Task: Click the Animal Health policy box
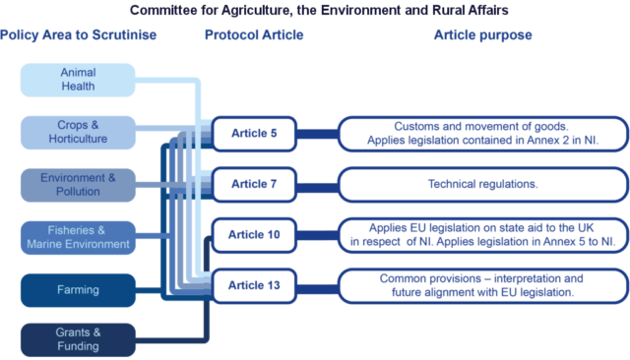point(78,80)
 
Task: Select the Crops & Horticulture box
point(78,132)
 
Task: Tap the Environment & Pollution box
point(78,185)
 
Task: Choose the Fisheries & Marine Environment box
point(78,237)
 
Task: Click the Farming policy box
point(78,290)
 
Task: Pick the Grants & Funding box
point(78,339)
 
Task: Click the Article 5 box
point(254,133)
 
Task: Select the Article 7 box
point(254,184)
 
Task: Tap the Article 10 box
point(254,235)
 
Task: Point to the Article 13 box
point(254,285)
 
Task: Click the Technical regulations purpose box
point(482,184)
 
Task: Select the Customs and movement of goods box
point(482,133)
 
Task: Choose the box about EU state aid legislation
point(482,235)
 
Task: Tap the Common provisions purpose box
point(482,285)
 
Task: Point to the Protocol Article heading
point(254,35)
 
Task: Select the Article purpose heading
point(482,35)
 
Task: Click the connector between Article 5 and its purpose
point(317,134)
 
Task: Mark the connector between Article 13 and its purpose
point(317,286)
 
